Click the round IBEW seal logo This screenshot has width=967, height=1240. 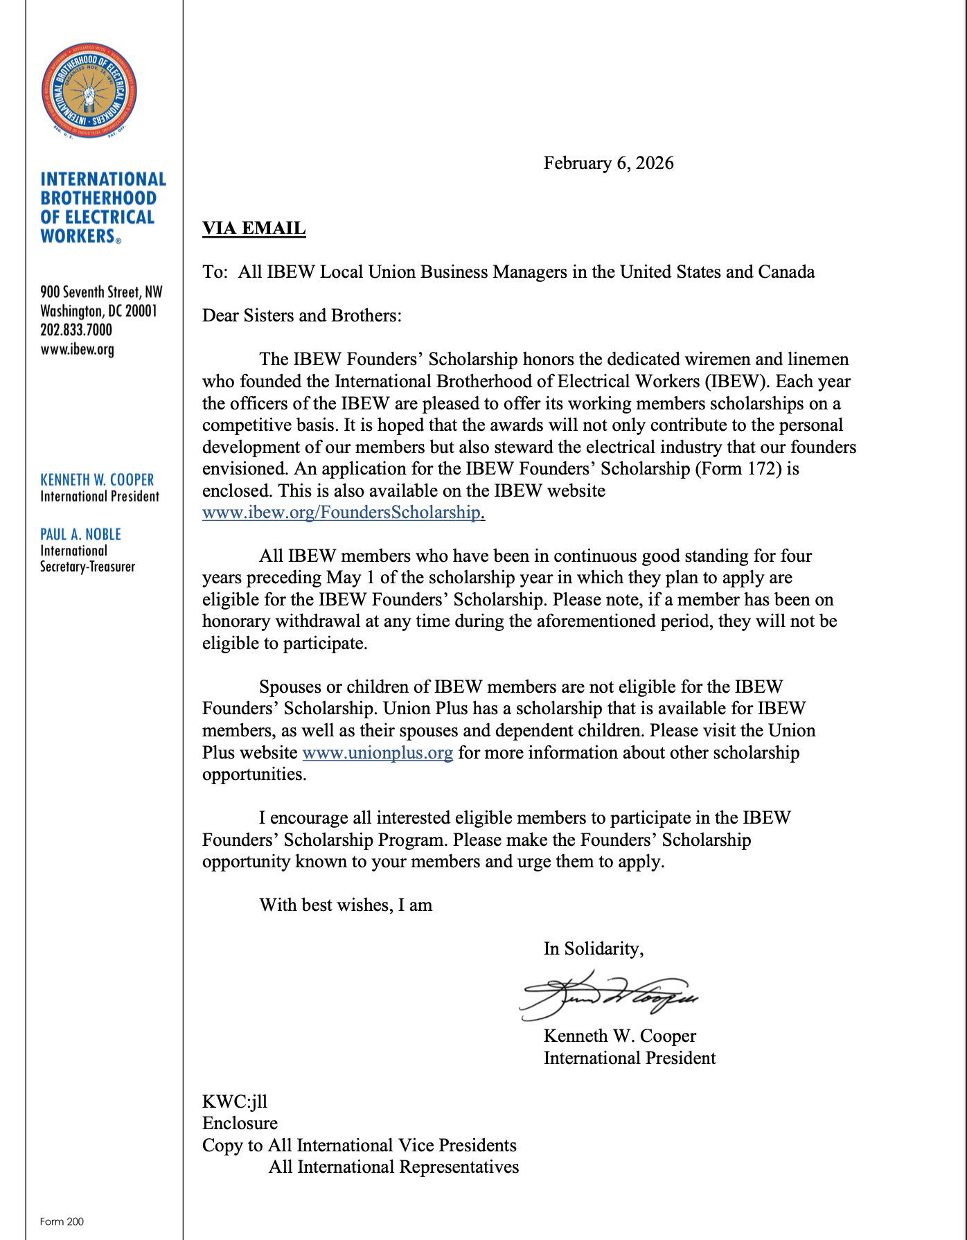click(x=89, y=91)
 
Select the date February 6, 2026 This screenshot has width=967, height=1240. click(x=608, y=163)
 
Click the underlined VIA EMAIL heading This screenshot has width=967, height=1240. click(x=254, y=229)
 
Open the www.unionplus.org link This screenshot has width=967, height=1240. click(x=378, y=753)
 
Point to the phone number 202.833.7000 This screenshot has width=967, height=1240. click(x=76, y=330)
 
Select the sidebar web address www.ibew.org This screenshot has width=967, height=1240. click(x=77, y=349)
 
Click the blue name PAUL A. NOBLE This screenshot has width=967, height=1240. click(x=80, y=534)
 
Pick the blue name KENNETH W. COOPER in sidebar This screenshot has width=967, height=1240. click(x=97, y=479)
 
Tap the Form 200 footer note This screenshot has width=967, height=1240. click(x=62, y=1221)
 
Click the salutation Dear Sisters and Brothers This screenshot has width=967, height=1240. click(x=301, y=316)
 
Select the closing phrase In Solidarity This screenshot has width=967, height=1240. click(x=594, y=949)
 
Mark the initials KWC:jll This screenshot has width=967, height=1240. click(x=234, y=1101)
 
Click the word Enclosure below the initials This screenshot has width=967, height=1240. click(x=240, y=1124)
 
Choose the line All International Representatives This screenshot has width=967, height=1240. click(x=393, y=1167)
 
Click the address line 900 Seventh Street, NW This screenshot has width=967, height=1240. click(x=101, y=292)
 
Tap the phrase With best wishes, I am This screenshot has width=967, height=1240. click(x=346, y=905)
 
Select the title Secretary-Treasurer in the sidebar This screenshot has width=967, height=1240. click(x=87, y=567)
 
